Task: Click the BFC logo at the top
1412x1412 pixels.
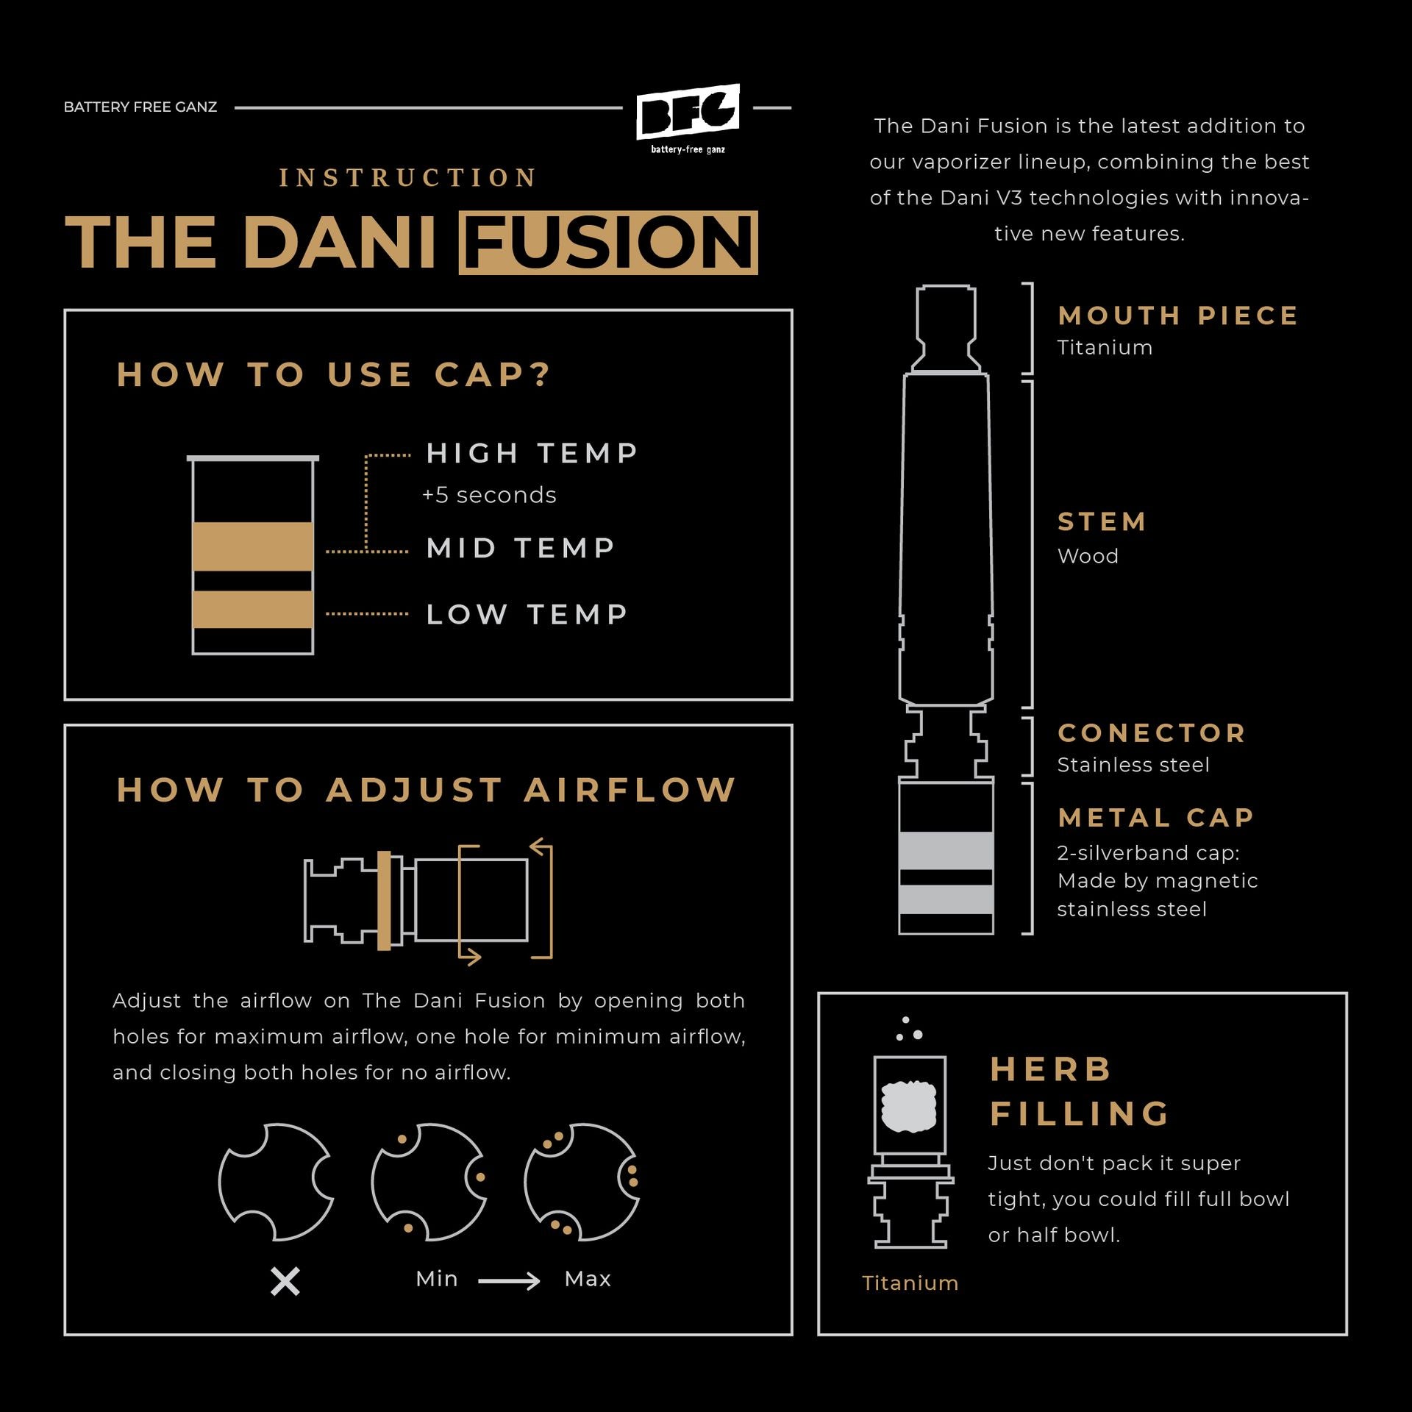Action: coord(688,118)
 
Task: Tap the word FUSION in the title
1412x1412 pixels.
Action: coord(608,243)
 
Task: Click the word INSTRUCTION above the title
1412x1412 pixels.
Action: coord(408,178)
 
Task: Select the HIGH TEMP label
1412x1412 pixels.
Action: coord(532,453)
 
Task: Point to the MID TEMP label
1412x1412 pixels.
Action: coord(521,548)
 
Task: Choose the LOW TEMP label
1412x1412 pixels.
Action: coord(527,614)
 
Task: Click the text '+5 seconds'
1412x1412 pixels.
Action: coord(489,495)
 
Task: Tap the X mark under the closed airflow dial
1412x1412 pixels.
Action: coord(285,1282)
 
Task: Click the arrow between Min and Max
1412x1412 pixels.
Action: coord(509,1282)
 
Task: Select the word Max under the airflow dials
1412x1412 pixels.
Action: coord(588,1279)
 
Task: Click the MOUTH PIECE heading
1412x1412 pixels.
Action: coord(1178,315)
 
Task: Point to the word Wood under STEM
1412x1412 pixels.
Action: coord(1088,556)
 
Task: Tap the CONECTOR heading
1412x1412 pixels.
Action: coord(1152,732)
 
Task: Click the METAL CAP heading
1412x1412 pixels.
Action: coord(1156,817)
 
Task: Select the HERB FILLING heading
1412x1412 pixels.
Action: coord(1080,1091)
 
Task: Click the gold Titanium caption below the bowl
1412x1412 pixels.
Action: coord(910,1283)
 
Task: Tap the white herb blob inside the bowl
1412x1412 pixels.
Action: coord(909,1105)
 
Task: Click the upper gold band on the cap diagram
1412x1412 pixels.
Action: coord(253,546)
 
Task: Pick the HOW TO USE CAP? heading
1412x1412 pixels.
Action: coord(334,374)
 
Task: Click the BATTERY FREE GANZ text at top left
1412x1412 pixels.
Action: coord(140,107)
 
